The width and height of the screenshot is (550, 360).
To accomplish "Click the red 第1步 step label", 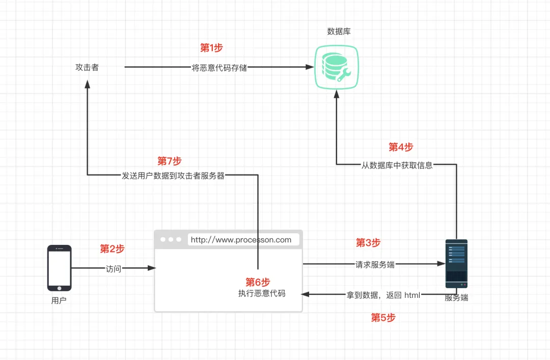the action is tap(211, 48).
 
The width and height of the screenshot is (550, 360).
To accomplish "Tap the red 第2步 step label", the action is tap(112, 249).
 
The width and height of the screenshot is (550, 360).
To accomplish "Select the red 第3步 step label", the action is tap(368, 242).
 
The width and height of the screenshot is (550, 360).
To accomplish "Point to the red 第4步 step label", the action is tap(401, 147).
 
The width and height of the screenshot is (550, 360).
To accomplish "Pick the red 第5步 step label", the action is tap(383, 318).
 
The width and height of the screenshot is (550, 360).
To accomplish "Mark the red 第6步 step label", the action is tap(258, 282).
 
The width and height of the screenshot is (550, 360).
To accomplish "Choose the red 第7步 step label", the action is tap(170, 161).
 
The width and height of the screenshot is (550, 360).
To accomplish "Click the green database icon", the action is tap(337, 67).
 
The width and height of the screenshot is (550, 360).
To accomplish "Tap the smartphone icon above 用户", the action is tap(59, 268).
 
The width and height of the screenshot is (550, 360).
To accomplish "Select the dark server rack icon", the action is tap(456, 264).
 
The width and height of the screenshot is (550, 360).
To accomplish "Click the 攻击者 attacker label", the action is tap(87, 67).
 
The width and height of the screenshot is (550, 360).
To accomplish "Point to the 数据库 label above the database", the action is tap(339, 32).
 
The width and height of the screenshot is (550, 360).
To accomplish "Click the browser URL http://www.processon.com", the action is tap(241, 240).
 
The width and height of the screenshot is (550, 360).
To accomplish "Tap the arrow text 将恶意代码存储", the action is tap(219, 68).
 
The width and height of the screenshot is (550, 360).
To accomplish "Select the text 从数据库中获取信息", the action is tap(397, 165).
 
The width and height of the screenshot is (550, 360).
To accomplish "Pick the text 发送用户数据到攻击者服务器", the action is tap(173, 176).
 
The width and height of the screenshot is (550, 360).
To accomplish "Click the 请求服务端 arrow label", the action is tap(375, 265).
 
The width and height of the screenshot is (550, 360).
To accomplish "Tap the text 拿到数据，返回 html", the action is tap(383, 295).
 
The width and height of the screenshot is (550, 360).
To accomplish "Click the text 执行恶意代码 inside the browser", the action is tap(262, 293).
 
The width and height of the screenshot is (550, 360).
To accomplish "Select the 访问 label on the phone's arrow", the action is tap(114, 269).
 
